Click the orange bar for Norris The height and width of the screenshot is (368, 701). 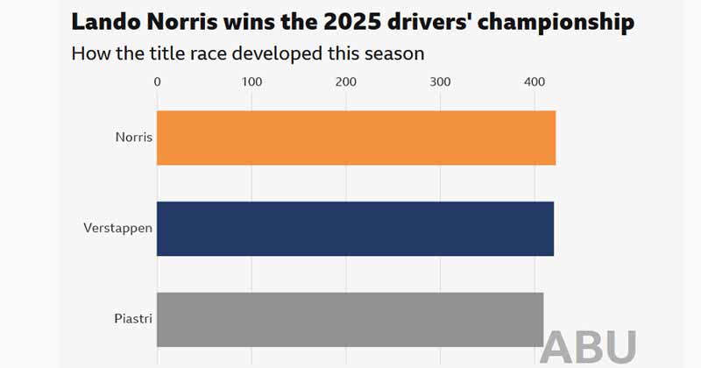pos(356,138)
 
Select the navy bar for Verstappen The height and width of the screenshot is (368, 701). pos(355,229)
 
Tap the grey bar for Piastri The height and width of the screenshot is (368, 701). pos(350,319)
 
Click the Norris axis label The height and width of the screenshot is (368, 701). pos(133,138)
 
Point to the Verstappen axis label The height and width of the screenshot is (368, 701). pos(118,229)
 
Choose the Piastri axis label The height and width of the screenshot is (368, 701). pos(133,319)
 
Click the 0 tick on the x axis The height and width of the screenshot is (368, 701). pos(157,81)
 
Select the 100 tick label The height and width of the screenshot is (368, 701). pos(251,81)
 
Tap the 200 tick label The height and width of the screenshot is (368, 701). pos(346,81)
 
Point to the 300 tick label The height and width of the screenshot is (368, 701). pos(440,81)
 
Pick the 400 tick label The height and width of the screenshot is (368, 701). pos(535,81)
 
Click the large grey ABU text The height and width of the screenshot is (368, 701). pos(588,348)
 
